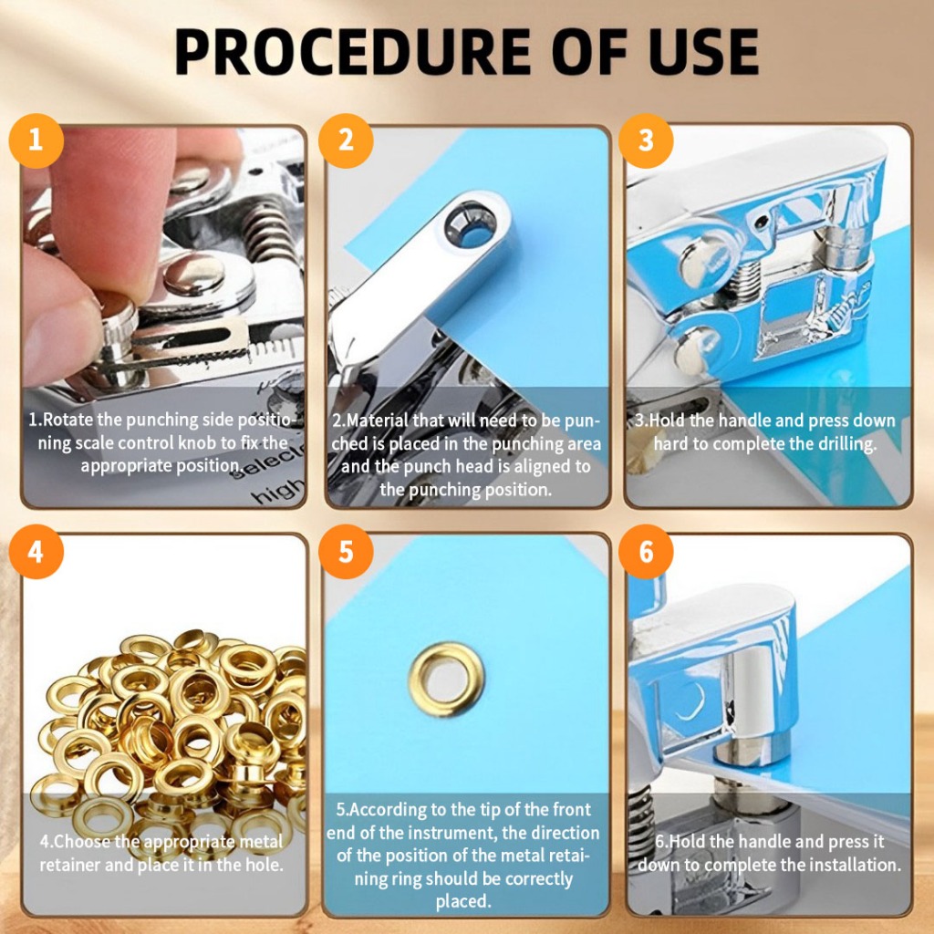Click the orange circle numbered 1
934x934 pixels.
[x=36, y=140]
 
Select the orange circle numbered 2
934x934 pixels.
[x=346, y=140]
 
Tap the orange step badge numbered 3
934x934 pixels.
[x=646, y=140]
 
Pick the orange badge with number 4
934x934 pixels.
[x=36, y=552]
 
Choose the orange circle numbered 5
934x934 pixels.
[x=346, y=552]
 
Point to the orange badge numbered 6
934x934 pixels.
[x=646, y=552]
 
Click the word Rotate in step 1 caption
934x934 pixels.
[x=68, y=420]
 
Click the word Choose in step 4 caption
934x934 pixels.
[x=81, y=841]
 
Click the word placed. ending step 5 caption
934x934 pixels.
[x=463, y=901]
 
